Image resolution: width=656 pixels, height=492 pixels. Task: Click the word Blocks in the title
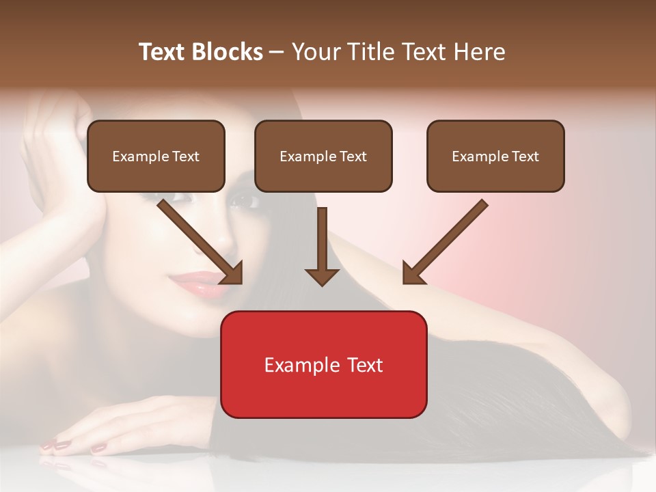(227, 52)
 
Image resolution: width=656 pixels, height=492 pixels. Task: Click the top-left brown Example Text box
(156, 156)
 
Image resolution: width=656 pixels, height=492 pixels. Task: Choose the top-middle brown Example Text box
(323, 156)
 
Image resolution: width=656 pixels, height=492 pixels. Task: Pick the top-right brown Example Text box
(495, 156)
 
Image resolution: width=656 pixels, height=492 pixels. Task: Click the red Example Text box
(323, 364)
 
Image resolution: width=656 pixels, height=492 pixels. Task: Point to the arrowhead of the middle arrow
(323, 276)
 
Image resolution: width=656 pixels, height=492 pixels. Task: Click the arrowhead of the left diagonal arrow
(232, 273)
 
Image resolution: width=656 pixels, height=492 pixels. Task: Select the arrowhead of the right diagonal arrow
(412, 273)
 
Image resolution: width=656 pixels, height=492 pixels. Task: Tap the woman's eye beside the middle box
(243, 201)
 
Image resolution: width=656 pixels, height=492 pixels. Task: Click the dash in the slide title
(277, 52)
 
